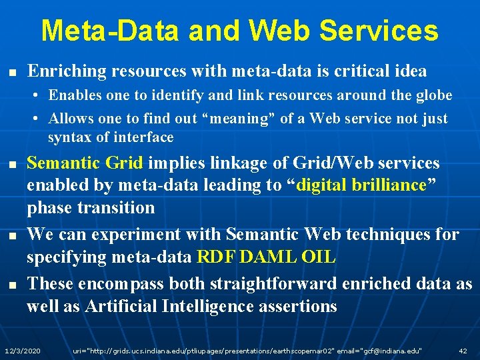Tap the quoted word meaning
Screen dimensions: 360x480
(223, 119)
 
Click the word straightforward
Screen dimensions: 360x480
(274, 284)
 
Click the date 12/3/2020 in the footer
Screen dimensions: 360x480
(22, 350)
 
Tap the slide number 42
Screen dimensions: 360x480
(463, 350)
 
